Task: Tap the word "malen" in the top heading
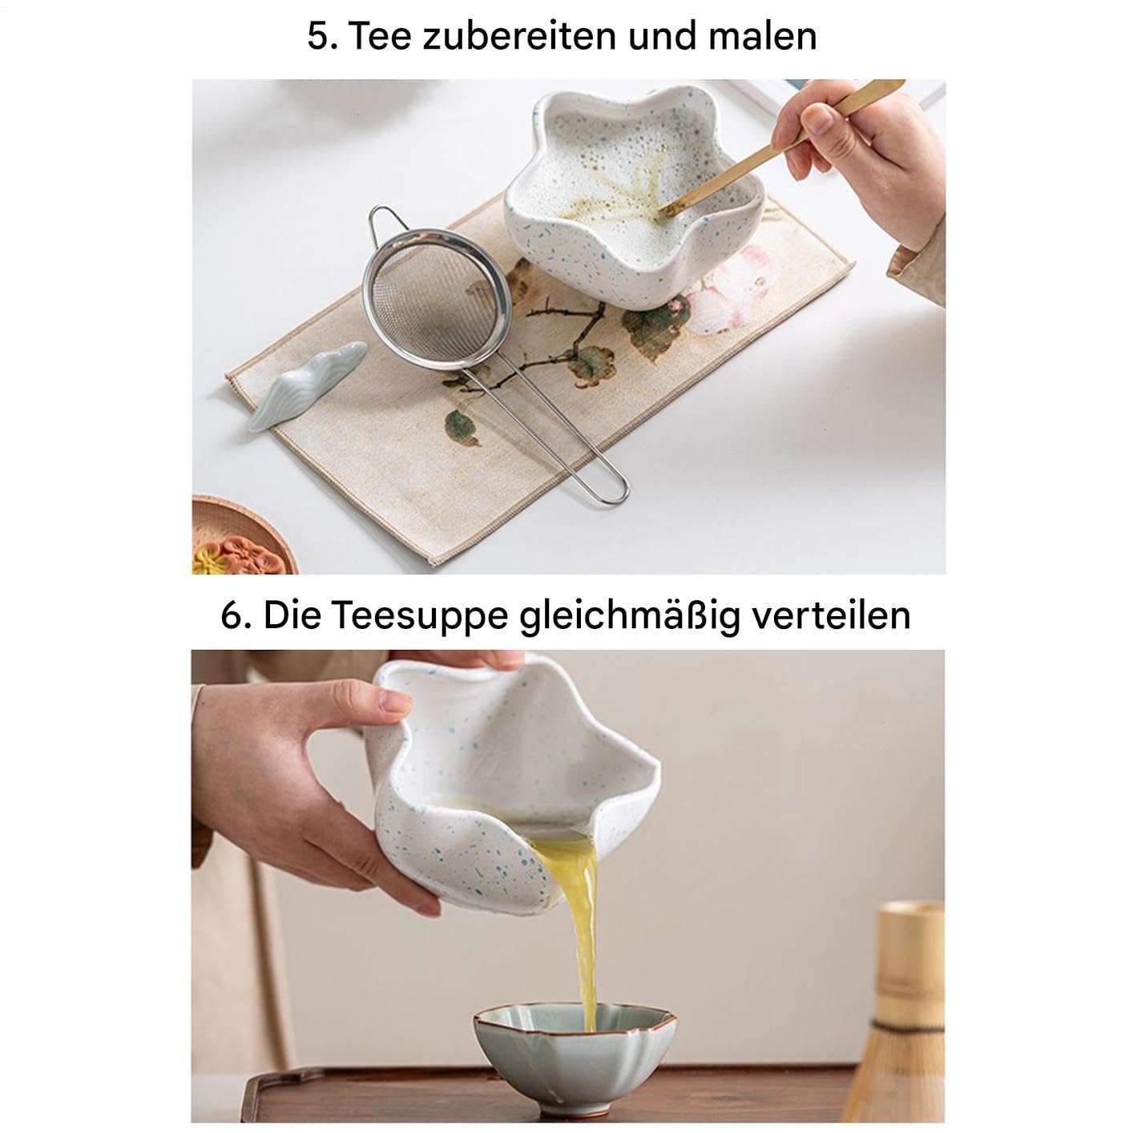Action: tap(762, 36)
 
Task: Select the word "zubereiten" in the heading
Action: tap(518, 36)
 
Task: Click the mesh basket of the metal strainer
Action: tap(437, 299)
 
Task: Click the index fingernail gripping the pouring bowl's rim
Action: tap(395, 701)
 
